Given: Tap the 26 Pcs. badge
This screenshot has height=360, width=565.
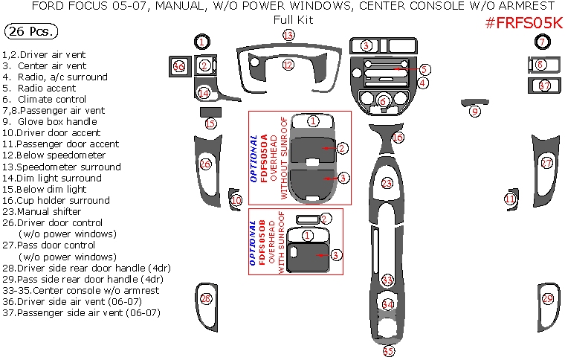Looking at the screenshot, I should [30, 31].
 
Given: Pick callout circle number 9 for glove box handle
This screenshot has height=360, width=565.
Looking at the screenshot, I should [475, 112].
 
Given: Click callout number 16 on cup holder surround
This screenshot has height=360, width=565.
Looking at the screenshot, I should [398, 138].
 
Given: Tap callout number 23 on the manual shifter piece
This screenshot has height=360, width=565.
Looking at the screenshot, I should [387, 183].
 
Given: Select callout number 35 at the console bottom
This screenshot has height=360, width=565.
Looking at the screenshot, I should [388, 351].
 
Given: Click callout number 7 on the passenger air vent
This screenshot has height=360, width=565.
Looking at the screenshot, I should [543, 42].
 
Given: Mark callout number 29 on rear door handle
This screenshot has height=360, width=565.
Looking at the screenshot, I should [547, 298].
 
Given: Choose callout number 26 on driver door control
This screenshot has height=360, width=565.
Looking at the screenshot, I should [205, 164].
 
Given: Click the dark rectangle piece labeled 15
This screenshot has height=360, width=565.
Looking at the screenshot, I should [210, 112].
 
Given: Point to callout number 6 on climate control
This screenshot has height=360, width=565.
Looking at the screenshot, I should [384, 101].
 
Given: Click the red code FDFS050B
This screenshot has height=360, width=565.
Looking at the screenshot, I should [263, 242].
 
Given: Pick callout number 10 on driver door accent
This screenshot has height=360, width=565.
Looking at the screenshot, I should [236, 200].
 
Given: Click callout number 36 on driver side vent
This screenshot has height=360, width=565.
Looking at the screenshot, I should [178, 67].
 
